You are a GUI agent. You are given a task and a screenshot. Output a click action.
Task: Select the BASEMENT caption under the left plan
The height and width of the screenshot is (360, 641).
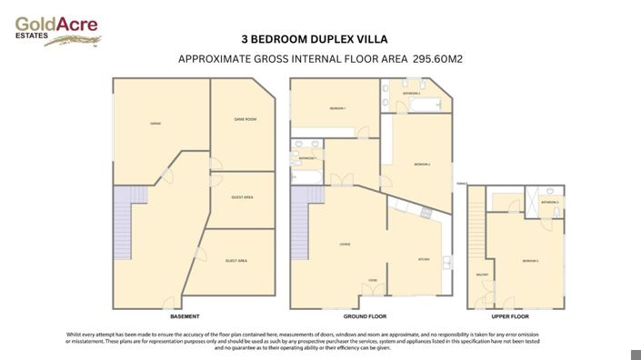(185, 316)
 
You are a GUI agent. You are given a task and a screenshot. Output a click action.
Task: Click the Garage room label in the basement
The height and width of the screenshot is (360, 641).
(155, 123)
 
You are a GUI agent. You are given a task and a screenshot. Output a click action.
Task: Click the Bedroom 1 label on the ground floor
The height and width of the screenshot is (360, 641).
(337, 109)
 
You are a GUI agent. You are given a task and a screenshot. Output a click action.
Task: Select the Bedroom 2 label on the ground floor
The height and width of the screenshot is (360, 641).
(421, 165)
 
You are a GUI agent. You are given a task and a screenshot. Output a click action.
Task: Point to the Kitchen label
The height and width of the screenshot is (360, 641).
(423, 259)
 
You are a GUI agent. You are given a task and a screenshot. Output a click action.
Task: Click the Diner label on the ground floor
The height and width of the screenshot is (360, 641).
(373, 281)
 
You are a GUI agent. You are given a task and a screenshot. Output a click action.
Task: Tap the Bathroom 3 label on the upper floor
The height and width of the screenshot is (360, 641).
(549, 201)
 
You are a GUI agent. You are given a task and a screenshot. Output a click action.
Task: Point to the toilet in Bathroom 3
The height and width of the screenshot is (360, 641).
(556, 211)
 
